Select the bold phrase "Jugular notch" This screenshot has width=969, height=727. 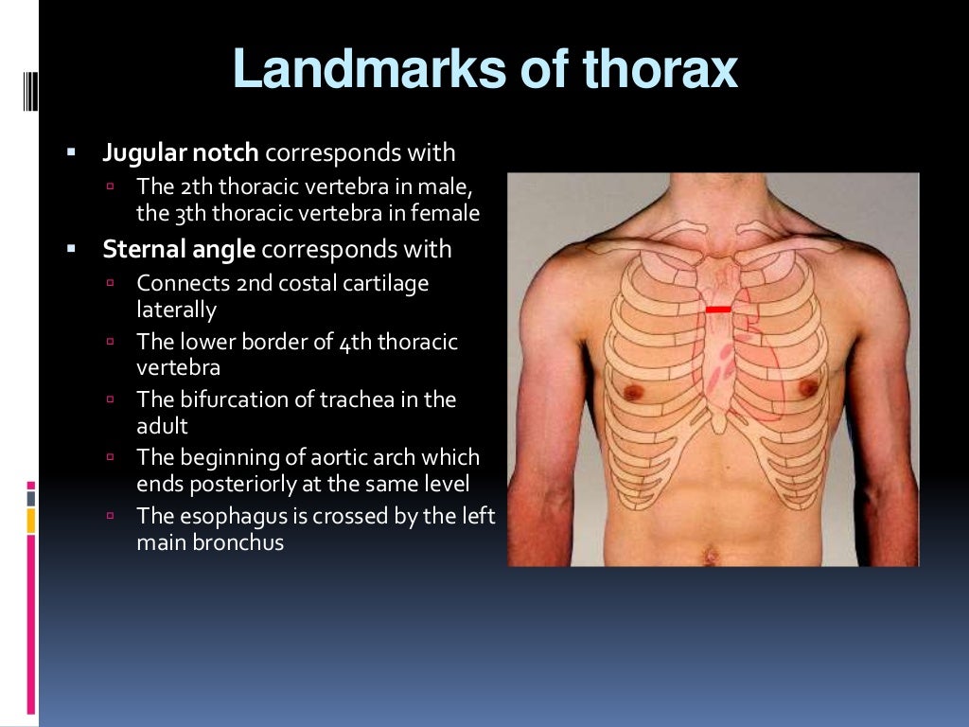click(181, 151)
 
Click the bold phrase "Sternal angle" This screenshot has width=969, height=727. click(179, 249)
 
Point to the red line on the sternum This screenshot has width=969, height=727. click(718, 310)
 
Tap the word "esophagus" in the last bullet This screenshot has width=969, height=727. click(226, 516)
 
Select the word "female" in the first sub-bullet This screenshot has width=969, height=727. click(446, 213)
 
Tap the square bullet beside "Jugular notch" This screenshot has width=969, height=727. click(71, 151)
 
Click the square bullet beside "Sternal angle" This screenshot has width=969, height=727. click(71, 249)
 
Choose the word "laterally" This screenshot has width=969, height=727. click(176, 309)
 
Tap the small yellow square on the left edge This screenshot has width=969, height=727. click(31, 519)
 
